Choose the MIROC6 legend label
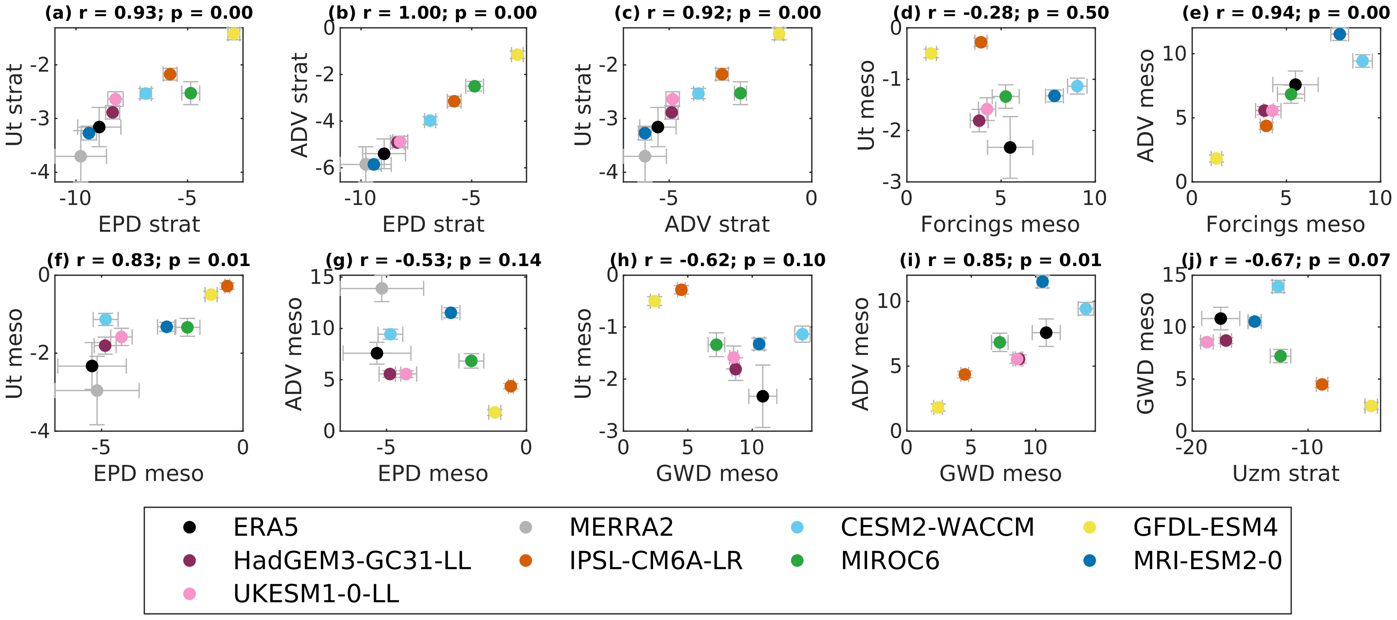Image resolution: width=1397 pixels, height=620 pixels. (x=889, y=560)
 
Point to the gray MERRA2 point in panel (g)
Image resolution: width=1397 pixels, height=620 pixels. (x=382, y=288)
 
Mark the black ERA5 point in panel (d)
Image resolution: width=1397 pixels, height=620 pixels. (x=1010, y=147)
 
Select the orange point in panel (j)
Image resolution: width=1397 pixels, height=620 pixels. (x=1321, y=384)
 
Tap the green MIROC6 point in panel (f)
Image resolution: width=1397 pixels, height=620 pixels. (x=187, y=327)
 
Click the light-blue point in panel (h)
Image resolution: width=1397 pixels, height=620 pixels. (x=802, y=334)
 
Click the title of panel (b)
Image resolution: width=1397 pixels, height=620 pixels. (x=432, y=12)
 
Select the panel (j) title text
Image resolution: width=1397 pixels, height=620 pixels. (x=1285, y=261)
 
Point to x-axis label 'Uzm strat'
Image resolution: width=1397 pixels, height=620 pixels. (x=1285, y=473)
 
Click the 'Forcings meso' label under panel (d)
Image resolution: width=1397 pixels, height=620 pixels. (x=1000, y=224)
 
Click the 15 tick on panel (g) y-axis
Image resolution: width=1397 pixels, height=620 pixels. (x=322, y=277)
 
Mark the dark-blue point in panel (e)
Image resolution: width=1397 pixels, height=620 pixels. (x=1340, y=34)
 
